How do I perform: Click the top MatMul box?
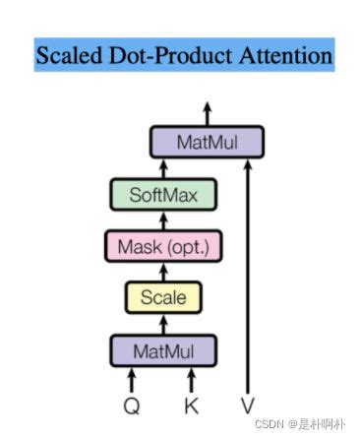coord(208,143)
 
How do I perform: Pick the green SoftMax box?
coord(164,194)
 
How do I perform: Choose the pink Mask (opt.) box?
coord(164,245)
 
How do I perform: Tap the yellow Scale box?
coord(164,296)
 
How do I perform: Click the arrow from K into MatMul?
coord(192,378)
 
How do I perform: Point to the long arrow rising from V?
coord(249,276)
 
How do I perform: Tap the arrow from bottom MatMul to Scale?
coord(164,322)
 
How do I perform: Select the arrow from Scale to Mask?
coord(164,271)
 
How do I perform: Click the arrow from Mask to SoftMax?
coord(164,219)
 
